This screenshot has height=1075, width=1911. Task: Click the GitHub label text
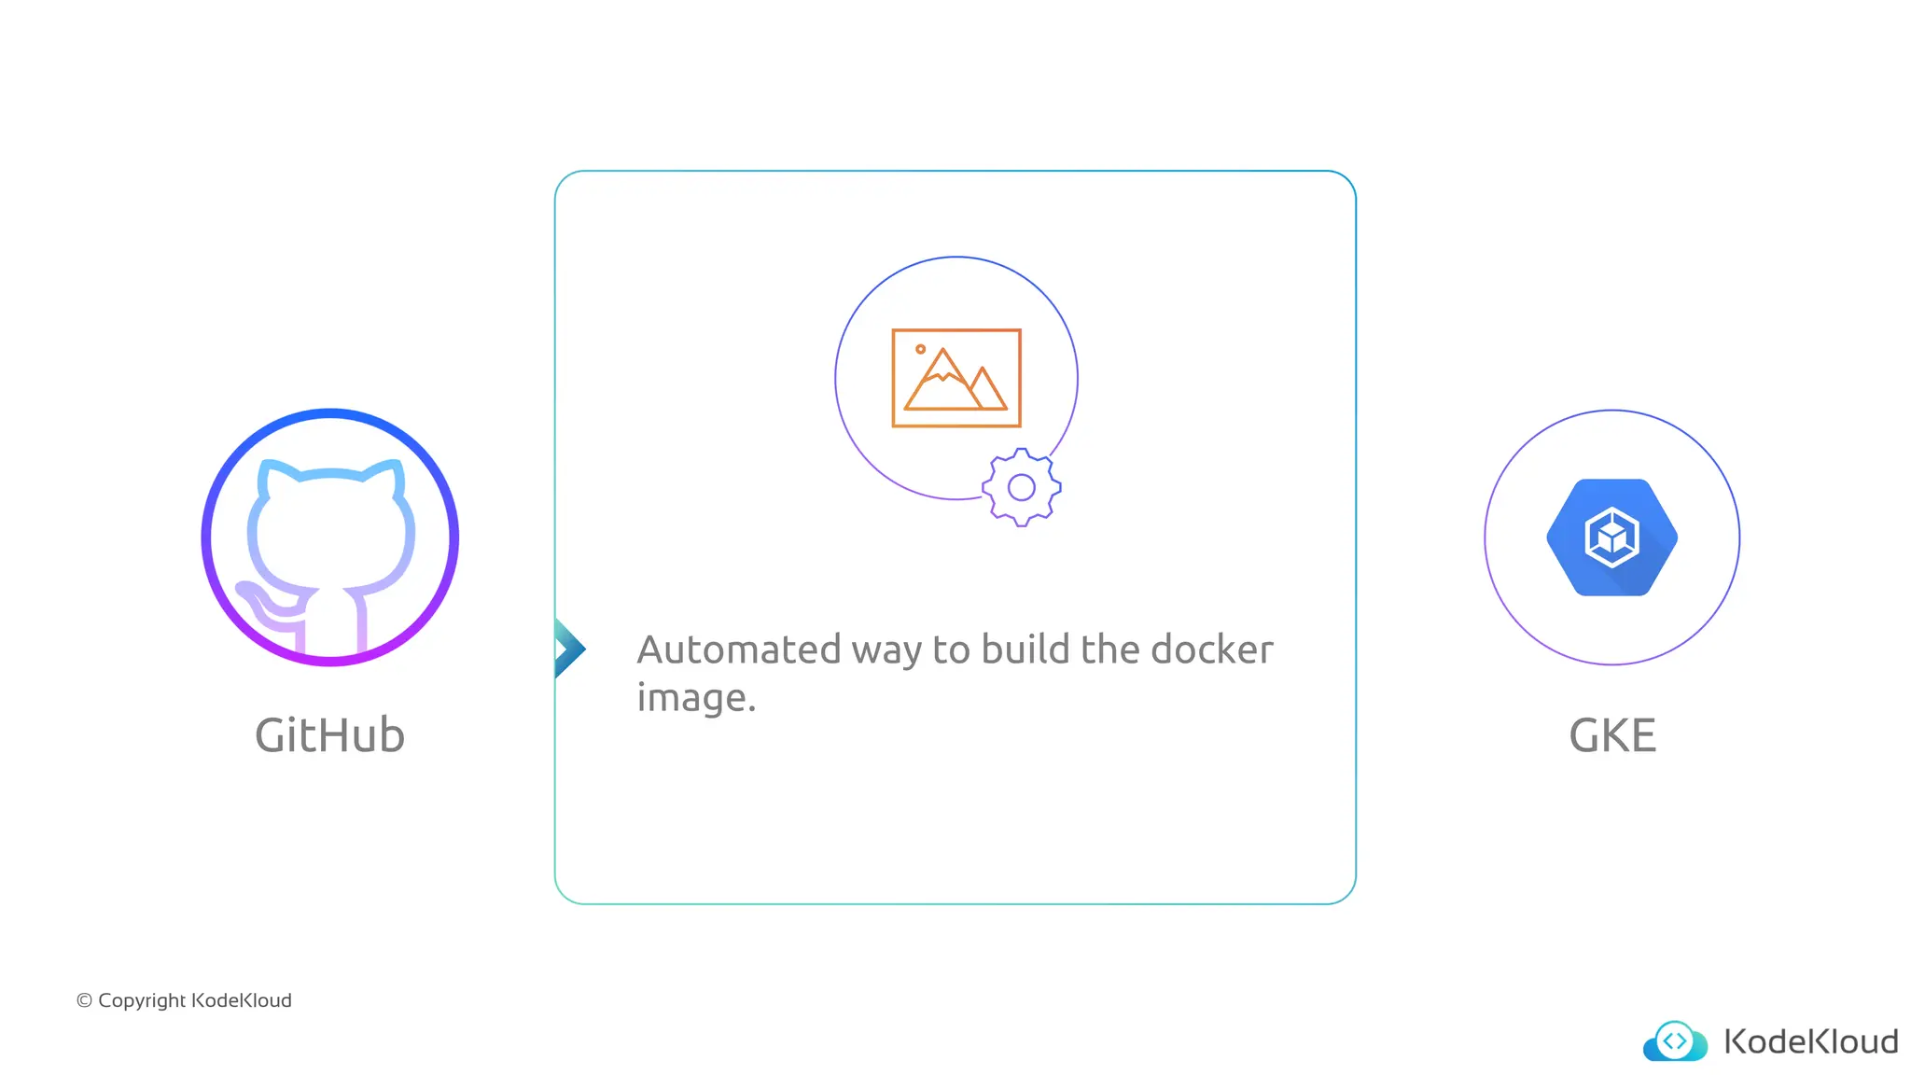click(x=329, y=735)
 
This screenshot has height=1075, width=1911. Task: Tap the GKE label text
click(x=1611, y=735)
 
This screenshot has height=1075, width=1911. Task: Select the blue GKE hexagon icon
click(x=1611, y=537)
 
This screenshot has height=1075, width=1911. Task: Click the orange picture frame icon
click(x=956, y=378)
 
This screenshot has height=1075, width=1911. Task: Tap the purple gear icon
click(x=1022, y=487)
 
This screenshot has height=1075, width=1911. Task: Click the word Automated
click(x=739, y=649)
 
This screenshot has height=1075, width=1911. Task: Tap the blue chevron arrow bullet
click(x=568, y=649)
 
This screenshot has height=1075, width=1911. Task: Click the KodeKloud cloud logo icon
click(x=1675, y=1041)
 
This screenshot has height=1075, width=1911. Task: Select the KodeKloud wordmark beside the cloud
click(x=1810, y=1041)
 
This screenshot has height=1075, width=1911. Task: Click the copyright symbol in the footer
click(x=84, y=1000)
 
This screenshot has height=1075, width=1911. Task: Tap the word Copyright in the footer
click(x=142, y=1000)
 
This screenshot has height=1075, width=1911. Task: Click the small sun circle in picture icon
click(x=920, y=349)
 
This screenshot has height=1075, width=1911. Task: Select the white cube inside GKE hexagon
click(x=1611, y=537)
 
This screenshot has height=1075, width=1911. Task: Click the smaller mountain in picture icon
click(x=985, y=390)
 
